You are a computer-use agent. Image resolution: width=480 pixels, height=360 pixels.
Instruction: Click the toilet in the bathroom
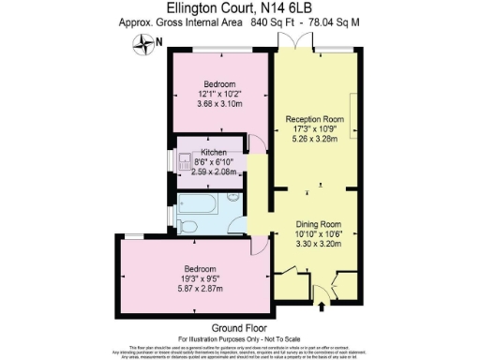[187, 226]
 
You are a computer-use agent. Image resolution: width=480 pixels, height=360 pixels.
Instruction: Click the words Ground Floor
[234, 327]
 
